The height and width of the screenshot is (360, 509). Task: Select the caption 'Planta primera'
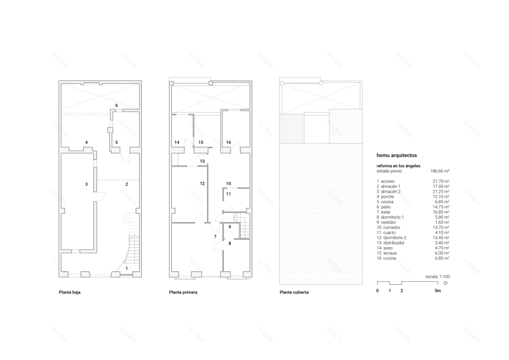[183, 292]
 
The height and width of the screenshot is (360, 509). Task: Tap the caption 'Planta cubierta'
[294, 292]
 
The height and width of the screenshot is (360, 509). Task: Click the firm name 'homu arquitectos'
[396, 155]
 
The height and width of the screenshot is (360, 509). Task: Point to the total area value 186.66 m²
[440, 171]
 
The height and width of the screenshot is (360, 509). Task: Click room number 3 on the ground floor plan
[86, 184]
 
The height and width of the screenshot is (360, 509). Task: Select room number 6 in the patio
[116, 105]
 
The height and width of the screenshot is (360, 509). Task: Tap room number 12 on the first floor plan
[202, 183]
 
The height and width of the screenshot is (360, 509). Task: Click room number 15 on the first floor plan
[201, 142]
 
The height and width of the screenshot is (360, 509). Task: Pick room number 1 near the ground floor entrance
[127, 268]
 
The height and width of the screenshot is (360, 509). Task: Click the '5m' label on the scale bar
[438, 290]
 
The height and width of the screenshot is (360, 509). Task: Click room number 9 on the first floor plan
[229, 226]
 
